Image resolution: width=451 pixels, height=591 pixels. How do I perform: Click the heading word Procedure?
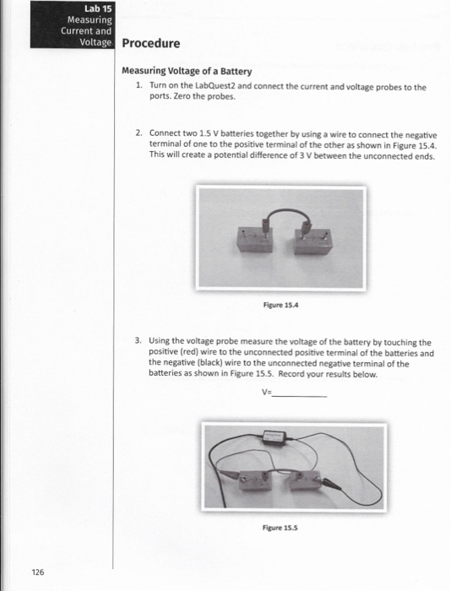[x=151, y=43]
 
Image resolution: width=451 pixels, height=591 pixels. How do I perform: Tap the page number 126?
[x=38, y=572]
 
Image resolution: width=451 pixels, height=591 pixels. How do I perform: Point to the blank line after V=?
[x=300, y=393]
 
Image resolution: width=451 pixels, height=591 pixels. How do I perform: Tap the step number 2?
[x=139, y=133]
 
